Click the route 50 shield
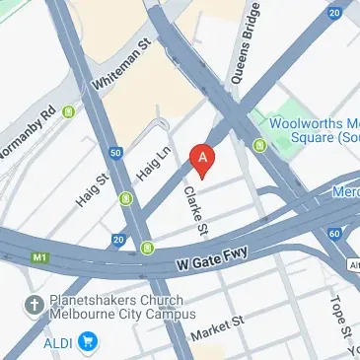(x=116, y=153)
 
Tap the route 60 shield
(x=335, y=233)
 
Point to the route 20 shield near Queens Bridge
(x=335, y=12)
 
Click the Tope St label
(x=337, y=317)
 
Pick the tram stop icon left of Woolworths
(x=260, y=146)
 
